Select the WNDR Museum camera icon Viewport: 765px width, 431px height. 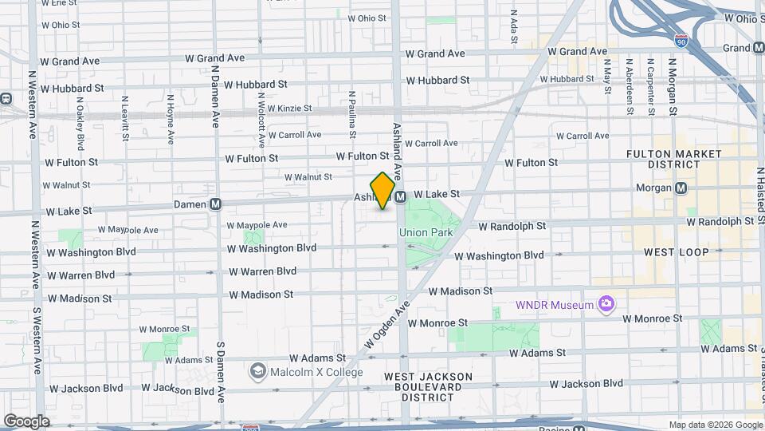606,303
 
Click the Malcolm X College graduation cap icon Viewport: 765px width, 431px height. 258,371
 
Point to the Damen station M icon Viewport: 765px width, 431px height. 215,204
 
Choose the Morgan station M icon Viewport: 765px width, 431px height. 681,188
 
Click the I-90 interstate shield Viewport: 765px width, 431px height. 681,40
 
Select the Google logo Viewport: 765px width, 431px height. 26,421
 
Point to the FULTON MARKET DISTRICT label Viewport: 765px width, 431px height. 673,160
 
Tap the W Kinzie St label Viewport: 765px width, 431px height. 289,109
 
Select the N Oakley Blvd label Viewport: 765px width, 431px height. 80,124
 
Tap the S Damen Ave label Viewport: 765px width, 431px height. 221,374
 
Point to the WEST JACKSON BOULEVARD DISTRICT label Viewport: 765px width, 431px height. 428,386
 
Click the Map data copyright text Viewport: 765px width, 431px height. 716,425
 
